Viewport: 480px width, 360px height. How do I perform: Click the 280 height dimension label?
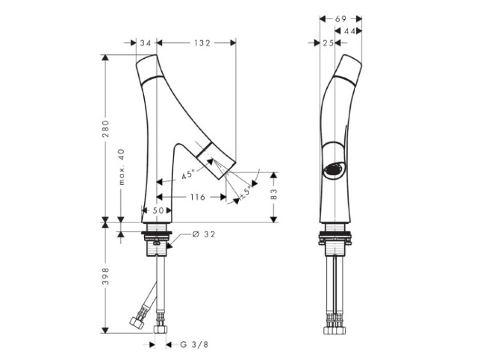106,129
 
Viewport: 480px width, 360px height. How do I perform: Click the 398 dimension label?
106,276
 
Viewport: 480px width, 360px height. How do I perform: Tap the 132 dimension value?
202,43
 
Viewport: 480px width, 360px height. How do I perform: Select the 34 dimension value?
146,43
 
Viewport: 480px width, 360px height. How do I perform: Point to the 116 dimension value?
198,197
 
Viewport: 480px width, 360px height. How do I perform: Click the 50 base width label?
158,210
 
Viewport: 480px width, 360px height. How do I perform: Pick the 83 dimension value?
274,194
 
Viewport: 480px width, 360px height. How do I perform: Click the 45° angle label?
188,175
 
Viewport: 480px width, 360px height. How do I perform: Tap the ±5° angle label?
246,192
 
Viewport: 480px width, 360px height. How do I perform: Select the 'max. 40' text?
122,167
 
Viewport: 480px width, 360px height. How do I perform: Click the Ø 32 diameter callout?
204,234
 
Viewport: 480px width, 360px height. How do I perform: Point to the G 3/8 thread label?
194,345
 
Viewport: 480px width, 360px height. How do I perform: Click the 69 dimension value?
340,19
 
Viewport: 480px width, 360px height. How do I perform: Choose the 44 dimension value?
349,31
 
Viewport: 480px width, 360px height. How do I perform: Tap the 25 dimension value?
328,43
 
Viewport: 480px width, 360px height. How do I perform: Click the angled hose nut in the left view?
137,322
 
